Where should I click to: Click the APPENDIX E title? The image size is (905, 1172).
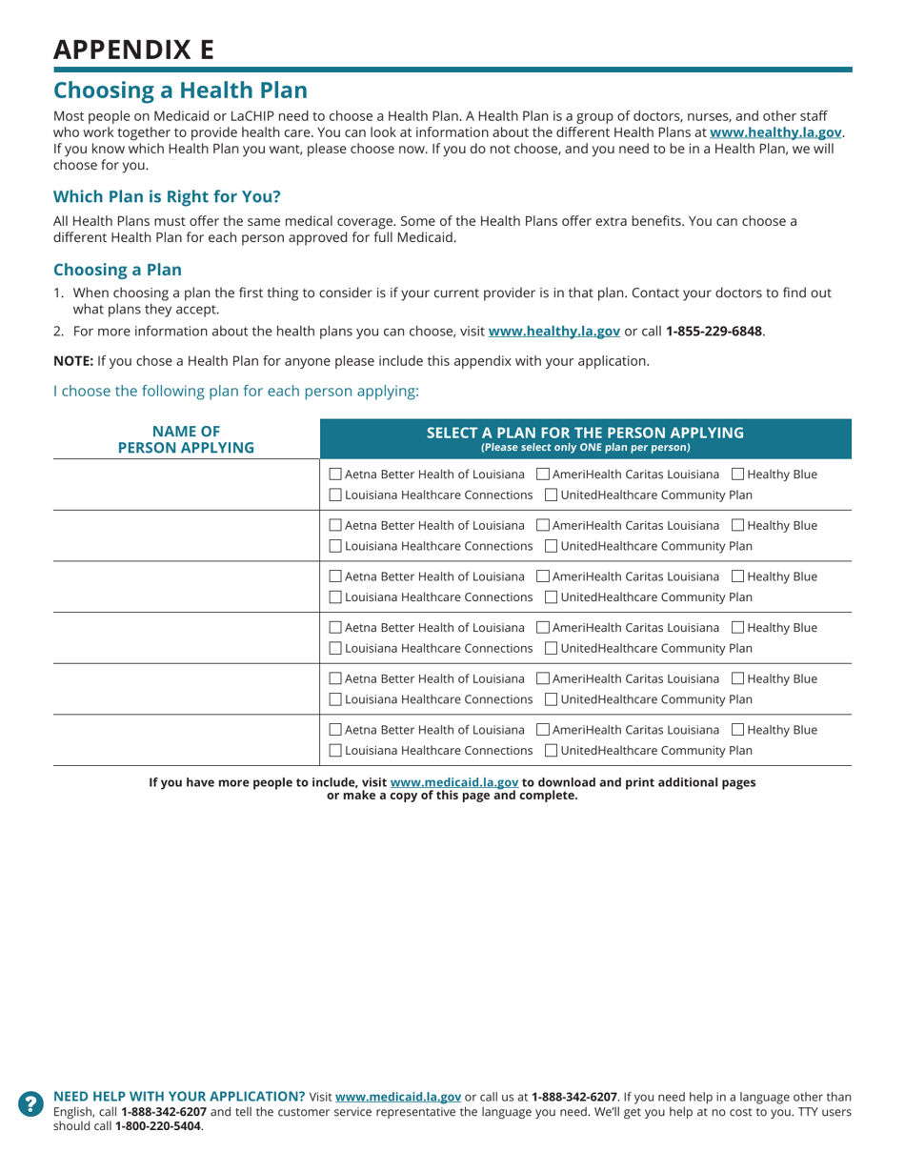click(133, 50)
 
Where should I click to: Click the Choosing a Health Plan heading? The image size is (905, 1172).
click(180, 91)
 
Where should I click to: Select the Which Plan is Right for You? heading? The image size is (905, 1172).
click(167, 197)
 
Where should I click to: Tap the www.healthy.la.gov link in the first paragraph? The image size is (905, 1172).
click(775, 132)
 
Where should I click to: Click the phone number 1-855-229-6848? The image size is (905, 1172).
click(714, 332)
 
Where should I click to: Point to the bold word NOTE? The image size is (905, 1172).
click(72, 361)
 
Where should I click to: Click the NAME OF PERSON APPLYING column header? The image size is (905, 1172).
click(186, 439)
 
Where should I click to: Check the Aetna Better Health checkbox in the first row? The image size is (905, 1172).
click(335, 474)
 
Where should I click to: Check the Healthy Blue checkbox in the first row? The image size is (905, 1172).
click(738, 474)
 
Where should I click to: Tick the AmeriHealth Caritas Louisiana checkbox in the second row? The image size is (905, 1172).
click(543, 525)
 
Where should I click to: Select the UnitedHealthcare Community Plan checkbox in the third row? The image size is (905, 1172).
click(553, 597)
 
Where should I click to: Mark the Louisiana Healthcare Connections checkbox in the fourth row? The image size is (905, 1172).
click(335, 649)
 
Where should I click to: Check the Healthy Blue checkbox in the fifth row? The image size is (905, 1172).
click(738, 679)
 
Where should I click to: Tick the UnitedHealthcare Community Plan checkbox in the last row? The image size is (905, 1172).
click(553, 752)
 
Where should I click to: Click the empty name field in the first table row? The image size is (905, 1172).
click(186, 484)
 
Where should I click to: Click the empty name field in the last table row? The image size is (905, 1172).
click(186, 740)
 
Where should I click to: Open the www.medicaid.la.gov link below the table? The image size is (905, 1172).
click(454, 782)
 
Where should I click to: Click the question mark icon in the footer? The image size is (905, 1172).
click(31, 1103)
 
